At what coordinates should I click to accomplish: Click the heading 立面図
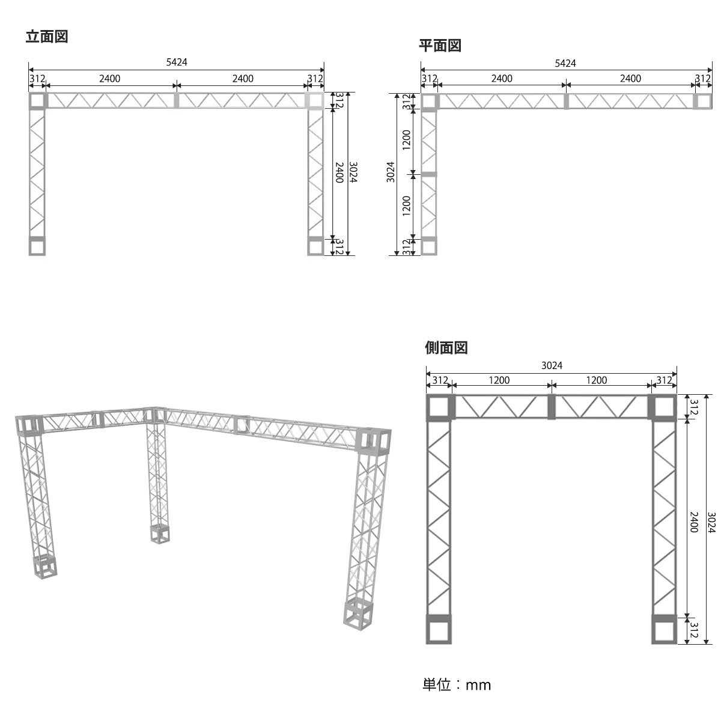click(x=47, y=37)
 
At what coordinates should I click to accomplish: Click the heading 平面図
click(x=440, y=46)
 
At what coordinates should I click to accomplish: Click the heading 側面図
click(x=446, y=348)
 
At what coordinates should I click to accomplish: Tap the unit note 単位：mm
click(x=457, y=685)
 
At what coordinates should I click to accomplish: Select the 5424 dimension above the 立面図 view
click(x=177, y=62)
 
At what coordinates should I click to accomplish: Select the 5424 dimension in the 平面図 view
click(x=565, y=63)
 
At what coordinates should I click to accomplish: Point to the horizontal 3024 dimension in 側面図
click(x=552, y=365)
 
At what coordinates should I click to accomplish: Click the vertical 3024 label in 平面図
click(x=391, y=172)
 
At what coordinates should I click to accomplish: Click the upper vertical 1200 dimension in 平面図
click(x=407, y=140)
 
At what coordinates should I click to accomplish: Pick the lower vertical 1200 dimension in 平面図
click(x=407, y=206)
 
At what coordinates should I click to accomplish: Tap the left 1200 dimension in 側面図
click(x=499, y=380)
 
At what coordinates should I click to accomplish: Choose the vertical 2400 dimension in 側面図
click(x=694, y=522)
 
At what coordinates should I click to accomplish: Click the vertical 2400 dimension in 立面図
click(x=339, y=172)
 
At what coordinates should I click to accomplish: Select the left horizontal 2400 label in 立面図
click(x=109, y=79)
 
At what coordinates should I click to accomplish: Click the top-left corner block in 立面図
click(x=37, y=101)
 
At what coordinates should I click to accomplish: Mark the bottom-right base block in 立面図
click(x=315, y=246)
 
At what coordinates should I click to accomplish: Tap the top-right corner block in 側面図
click(x=664, y=407)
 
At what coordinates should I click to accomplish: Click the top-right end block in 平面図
click(x=703, y=102)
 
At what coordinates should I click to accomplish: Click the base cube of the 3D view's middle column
click(x=160, y=534)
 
